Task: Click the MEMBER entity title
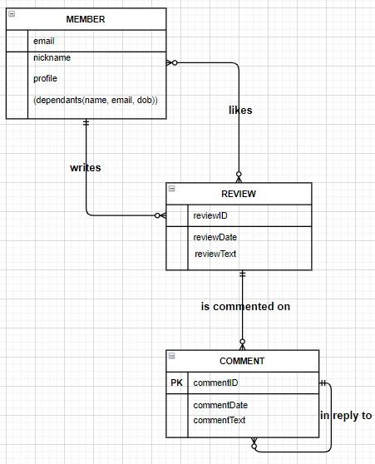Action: (x=86, y=19)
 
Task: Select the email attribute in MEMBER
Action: (x=44, y=41)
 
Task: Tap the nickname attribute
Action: (x=52, y=58)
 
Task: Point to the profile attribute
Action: (x=46, y=79)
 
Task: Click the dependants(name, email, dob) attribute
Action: (x=96, y=100)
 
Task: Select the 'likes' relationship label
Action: (x=240, y=110)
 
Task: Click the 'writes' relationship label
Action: (x=86, y=167)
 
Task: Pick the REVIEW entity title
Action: (x=239, y=194)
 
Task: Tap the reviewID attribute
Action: (x=210, y=215)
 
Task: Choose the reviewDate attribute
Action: (x=215, y=237)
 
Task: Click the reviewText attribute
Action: (x=216, y=254)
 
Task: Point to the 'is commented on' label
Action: (x=245, y=306)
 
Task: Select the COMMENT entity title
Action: (x=242, y=361)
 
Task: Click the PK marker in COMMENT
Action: (x=176, y=383)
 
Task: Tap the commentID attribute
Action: (x=215, y=383)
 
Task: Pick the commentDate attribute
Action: (x=220, y=405)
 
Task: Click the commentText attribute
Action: (x=220, y=420)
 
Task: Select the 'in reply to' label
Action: (x=346, y=415)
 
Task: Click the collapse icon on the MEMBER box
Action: (x=11, y=12)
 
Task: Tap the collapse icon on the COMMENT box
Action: (x=171, y=355)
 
